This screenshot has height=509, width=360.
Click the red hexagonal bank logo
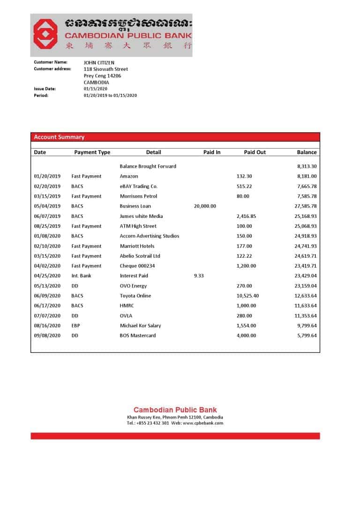point(45,35)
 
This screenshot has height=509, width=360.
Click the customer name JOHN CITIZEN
point(99,62)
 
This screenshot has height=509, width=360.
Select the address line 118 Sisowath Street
point(105,69)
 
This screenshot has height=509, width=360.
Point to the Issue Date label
point(45,89)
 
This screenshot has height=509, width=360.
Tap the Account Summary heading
point(59,137)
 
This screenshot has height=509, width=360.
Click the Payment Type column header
point(92,152)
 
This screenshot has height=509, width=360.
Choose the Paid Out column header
point(255,152)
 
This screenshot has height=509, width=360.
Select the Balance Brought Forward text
point(148,166)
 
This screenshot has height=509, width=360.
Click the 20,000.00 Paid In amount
point(205,206)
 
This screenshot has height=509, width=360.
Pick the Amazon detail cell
point(129,176)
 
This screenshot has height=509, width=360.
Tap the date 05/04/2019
point(47,206)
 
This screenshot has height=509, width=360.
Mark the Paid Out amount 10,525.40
point(247,296)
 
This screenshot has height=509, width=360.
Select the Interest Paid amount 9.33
point(199,276)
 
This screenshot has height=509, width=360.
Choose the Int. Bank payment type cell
point(81,276)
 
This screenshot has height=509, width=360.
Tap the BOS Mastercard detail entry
point(138,336)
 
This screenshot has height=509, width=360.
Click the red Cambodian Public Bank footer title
point(175,410)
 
